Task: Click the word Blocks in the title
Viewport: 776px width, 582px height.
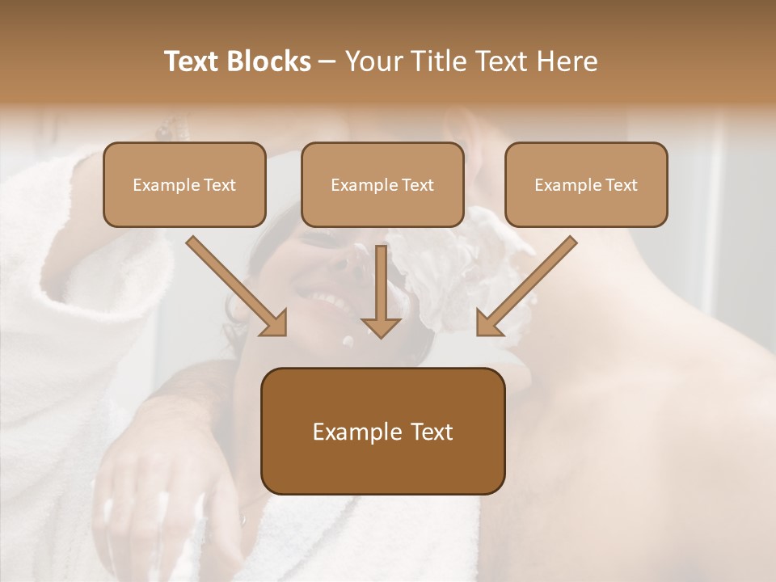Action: [x=270, y=61]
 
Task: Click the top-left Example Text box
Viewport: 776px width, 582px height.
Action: [x=184, y=185]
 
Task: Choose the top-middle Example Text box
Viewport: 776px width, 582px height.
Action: [x=382, y=185]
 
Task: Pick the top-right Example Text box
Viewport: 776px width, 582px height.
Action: [x=586, y=185]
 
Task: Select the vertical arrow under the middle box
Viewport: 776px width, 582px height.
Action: [x=381, y=291]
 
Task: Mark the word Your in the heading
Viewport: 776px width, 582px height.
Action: [x=369, y=61]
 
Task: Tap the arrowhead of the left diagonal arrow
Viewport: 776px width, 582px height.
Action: [x=275, y=323]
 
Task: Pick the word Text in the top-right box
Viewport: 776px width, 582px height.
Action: [x=622, y=185]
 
